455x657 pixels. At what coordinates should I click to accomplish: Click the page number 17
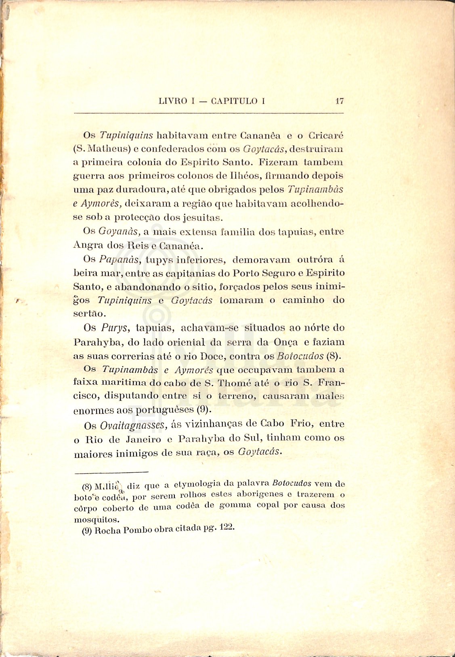pyautogui.click(x=340, y=101)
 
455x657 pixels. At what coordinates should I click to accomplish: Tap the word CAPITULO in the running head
pyautogui.click(x=234, y=101)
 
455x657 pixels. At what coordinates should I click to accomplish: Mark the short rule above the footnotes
pyautogui.click(x=112, y=472)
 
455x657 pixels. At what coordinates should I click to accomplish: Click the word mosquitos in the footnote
pyautogui.click(x=96, y=519)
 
